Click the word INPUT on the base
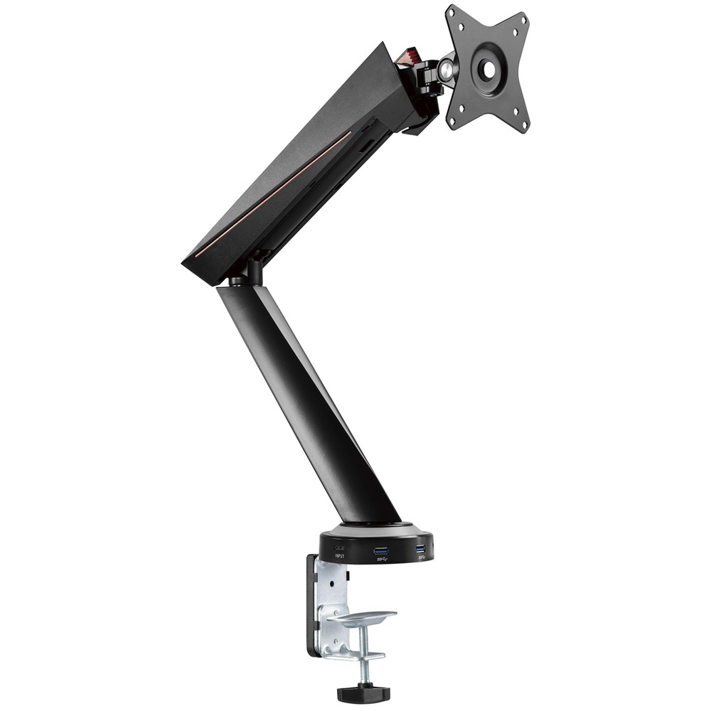339,556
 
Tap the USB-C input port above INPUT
339,549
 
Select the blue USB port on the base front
380,550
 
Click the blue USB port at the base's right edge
420,548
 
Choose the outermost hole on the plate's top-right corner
524,22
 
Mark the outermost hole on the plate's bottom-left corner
451,122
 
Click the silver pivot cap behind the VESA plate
447,68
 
